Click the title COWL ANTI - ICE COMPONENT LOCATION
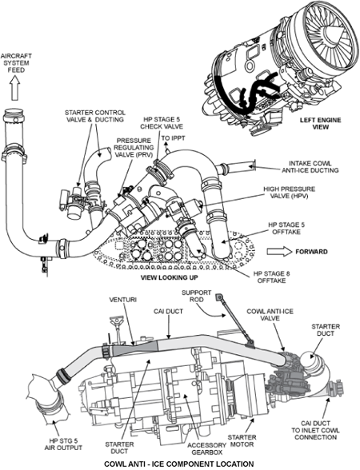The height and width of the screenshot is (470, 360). (179, 464)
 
